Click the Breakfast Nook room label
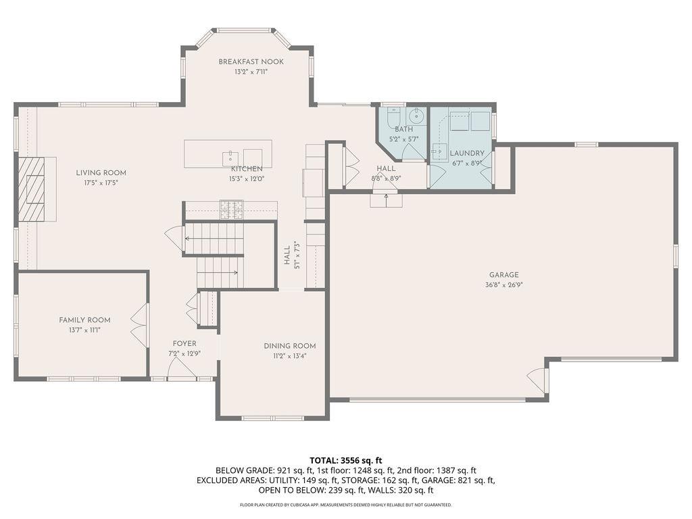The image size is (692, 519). [x=251, y=61]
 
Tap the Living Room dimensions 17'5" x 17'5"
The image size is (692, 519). [x=101, y=182]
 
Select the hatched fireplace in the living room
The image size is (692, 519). [x=32, y=189]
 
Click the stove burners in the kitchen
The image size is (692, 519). [x=232, y=209]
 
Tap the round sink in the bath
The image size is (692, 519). [x=416, y=116]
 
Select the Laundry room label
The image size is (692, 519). [x=467, y=153]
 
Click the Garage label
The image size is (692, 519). [x=504, y=275]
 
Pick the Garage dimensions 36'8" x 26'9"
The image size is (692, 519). [x=504, y=285]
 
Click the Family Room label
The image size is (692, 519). [x=84, y=320]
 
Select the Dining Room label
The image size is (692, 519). [x=290, y=346]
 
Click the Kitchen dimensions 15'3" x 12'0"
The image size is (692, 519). [x=246, y=179]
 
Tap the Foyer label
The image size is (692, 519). [x=184, y=343]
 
